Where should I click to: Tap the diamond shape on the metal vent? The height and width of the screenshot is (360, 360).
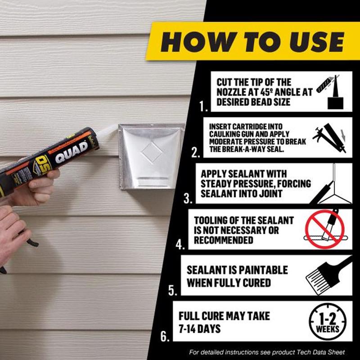152,152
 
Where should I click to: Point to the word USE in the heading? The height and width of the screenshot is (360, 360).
317,42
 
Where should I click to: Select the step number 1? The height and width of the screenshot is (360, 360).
203,106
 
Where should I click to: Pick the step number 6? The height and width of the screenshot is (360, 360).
165,336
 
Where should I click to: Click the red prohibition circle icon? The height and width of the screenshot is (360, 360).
324,229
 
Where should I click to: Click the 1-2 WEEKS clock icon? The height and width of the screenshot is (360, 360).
328,321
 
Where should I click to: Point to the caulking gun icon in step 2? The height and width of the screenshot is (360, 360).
330,138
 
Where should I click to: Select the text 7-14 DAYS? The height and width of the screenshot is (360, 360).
199,329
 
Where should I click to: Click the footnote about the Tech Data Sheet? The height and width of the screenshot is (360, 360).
267,352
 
